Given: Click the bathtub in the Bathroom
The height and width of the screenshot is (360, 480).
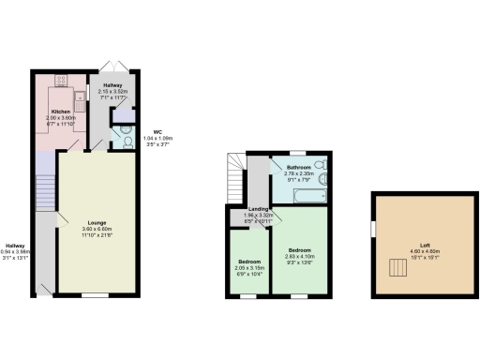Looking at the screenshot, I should point(306,195).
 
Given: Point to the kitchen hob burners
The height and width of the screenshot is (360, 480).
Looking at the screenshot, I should point(63,79).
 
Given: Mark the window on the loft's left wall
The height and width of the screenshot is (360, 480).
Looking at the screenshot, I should point(373,229).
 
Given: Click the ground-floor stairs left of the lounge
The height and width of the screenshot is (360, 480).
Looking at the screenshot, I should point(44,192).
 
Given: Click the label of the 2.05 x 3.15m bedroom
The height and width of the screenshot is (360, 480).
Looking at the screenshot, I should point(248,262).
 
